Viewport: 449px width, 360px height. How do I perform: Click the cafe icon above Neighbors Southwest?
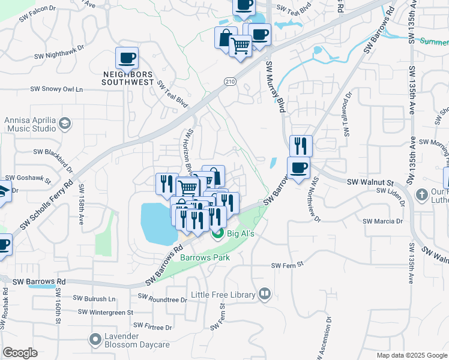(x=127, y=58)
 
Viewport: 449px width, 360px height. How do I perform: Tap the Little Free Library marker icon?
(x=264, y=294)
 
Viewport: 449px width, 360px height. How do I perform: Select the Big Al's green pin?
(x=217, y=234)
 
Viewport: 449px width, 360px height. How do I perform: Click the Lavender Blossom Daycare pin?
(x=94, y=340)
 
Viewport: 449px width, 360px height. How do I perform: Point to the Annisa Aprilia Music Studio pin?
(x=64, y=124)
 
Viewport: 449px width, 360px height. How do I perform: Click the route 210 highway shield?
(x=229, y=81)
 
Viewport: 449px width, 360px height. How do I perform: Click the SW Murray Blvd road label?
(x=273, y=87)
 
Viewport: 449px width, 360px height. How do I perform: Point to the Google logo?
(x=20, y=353)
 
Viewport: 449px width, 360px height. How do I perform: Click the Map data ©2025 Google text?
(x=411, y=355)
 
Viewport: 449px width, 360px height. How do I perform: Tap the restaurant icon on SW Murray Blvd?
(x=301, y=146)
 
